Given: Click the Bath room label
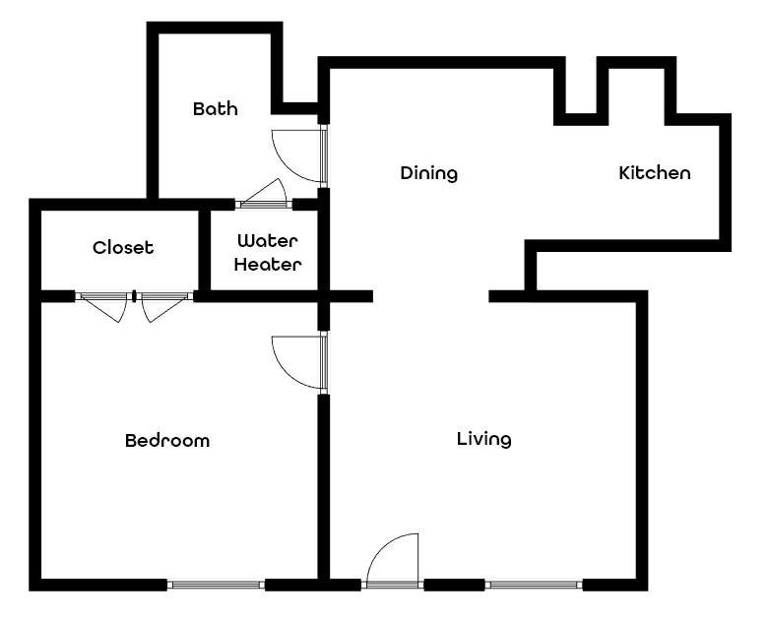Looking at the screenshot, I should (215, 108).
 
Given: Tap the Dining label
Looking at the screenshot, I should (429, 173).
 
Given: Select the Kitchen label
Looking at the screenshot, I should (654, 173).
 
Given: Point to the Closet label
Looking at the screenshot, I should (123, 247).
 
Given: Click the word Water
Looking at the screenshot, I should (267, 240).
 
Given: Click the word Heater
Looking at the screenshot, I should (267, 265).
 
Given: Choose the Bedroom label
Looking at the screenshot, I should (167, 440).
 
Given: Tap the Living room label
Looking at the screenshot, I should (483, 439).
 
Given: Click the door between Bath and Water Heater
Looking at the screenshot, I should (264, 196).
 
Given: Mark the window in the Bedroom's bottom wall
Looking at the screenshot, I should (216, 585).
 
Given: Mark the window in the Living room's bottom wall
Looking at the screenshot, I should (535, 585).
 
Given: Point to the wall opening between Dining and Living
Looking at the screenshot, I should (430, 295).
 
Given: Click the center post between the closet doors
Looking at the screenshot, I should (134, 295).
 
